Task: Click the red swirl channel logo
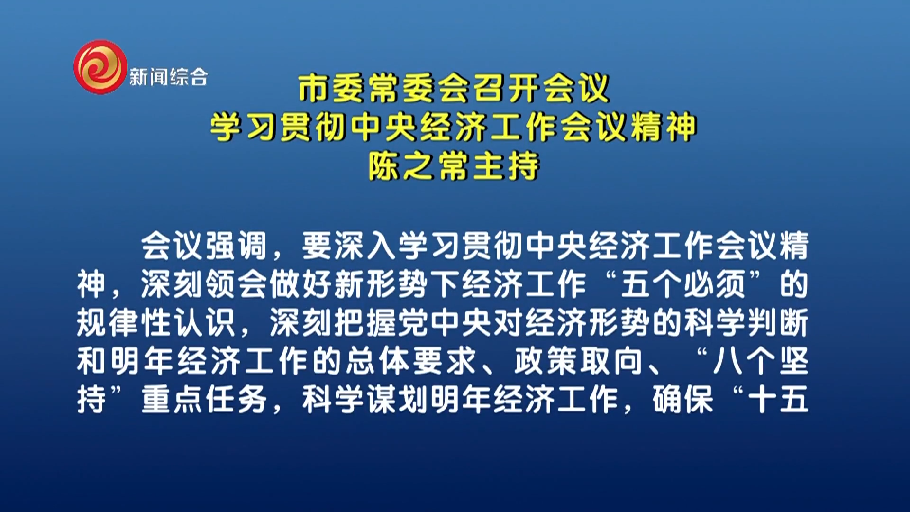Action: click(100, 67)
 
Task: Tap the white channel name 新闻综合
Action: click(169, 77)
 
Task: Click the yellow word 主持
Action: click(506, 166)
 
